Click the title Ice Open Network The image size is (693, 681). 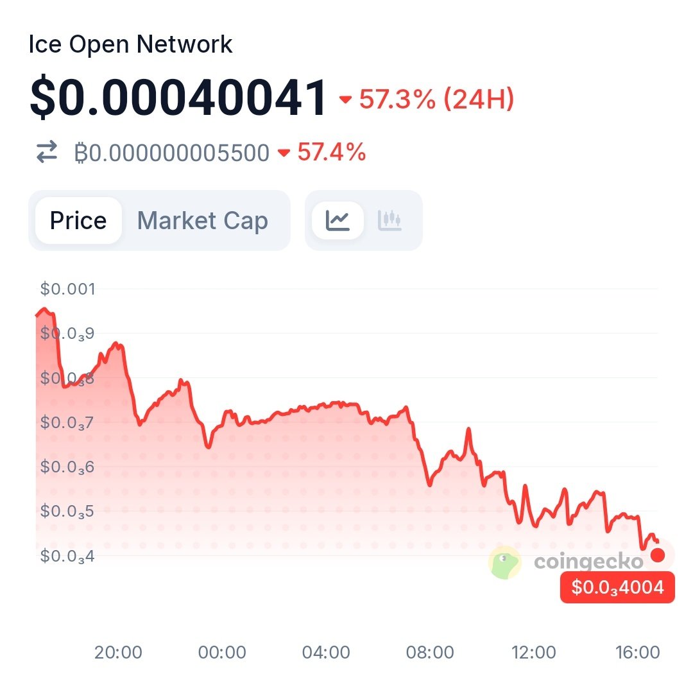pos(131,45)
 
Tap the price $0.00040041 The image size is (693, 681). pos(178,98)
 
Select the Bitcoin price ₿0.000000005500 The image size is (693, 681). pos(171,153)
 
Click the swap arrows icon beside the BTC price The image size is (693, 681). pos(46,153)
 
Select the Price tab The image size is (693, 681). pos(78,221)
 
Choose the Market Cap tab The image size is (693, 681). pos(203,221)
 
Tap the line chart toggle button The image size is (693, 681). pos(338,221)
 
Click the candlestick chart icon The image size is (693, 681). pos(390,221)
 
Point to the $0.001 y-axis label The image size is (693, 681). pos(67,289)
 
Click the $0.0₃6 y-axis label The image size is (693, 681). pos(67,467)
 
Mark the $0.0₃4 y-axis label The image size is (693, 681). pos(67,555)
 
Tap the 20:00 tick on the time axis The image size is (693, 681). pos(118,653)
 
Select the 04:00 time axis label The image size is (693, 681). pos(327,653)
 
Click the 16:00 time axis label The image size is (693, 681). pos(637,653)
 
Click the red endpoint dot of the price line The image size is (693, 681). pos(658,555)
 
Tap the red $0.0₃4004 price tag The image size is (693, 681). pos(617,587)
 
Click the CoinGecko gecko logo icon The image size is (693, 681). pos(505,562)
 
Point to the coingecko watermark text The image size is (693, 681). pos(588,562)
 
